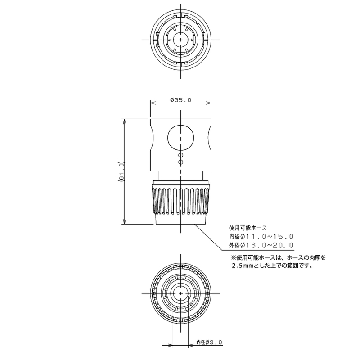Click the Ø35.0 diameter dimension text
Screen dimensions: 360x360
click(x=181, y=100)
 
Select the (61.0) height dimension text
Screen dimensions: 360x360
click(x=121, y=171)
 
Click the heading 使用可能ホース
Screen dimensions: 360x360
click(x=248, y=228)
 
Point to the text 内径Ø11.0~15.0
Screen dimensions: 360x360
click(x=261, y=237)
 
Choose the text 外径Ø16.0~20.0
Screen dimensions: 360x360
click(x=261, y=245)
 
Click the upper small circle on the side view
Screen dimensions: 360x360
click(x=181, y=155)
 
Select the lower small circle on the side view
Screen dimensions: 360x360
click(x=181, y=162)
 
